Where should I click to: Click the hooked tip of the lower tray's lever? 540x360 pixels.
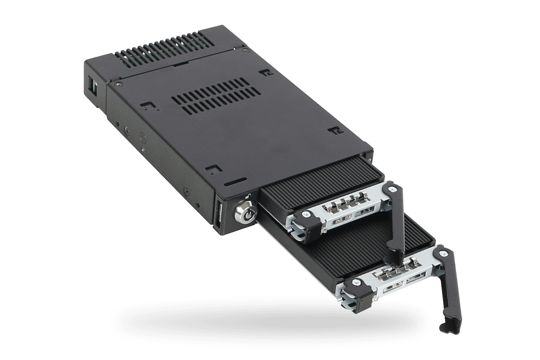click(x=448, y=327)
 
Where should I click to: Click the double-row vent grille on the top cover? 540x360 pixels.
click(x=216, y=96)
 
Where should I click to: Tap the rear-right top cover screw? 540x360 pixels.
click(x=245, y=50)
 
